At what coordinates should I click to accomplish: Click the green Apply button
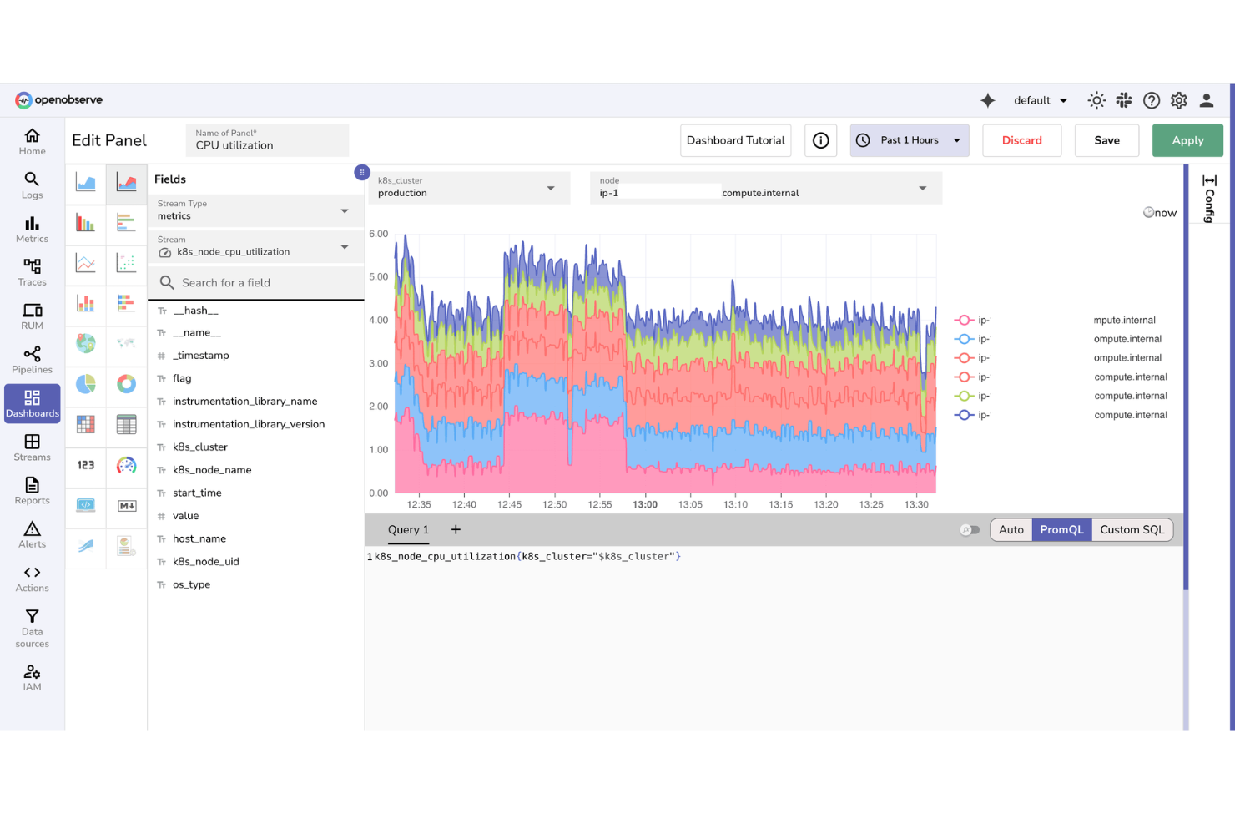pyautogui.click(x=1187, y=140)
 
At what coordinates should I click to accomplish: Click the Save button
pyautogui.click(x=1106, y=140)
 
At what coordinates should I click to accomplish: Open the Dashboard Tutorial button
pyautogui.click(x=735, y=140)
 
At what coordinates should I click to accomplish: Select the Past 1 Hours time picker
pyautogui.click(x=909, y=140)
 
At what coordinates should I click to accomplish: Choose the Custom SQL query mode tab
pyautogui.click(x=1132, y=529)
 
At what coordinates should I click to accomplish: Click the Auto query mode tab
pyautogui.click(x=1011, y=529)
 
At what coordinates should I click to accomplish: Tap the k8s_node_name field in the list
pyautogui.click(x=212, y=470)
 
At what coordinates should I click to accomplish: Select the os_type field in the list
pyautogui.click(x=191, y=584)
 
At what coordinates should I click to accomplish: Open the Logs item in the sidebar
pyautogui.click(x=32, y=185)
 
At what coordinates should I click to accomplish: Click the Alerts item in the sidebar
pyautogui.click(x=32, y=534)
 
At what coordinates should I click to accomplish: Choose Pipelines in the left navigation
pyautogui.click(x=32, y=360)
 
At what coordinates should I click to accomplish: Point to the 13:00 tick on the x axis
pyautogui.click(x=645, y=504)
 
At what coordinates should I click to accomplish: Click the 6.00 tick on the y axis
pyautogui.click(x=379, y=234)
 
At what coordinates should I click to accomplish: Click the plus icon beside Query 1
pyautogui.click(x=456, y=529)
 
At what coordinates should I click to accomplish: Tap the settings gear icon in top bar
pyautogui.click(x=1178, y=100)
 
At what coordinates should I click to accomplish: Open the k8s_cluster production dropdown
pyautogui.click(x=468, y=188)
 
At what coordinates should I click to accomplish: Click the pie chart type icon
pyautogui.click(x=86, y=383)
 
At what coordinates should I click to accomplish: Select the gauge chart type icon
pyautogui.click(x=126, y=465)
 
